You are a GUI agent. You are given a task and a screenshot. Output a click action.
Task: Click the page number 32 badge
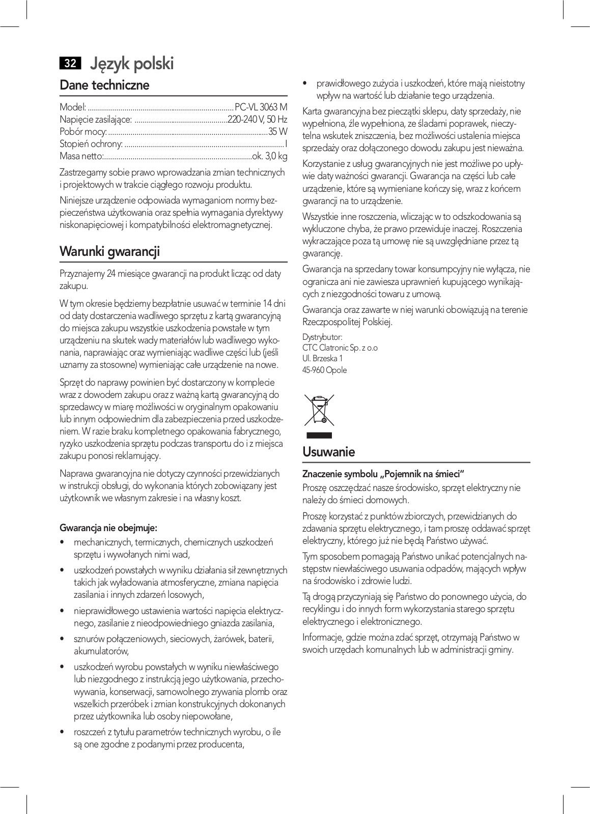tap(70, 63)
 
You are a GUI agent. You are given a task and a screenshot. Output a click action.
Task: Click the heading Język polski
tap(132, 64)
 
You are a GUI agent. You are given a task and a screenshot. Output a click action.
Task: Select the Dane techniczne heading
tap(104, 85)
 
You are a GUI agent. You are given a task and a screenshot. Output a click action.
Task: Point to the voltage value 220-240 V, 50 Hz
tap(258, 120)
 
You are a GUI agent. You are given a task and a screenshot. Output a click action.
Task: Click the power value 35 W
tap(278, 132)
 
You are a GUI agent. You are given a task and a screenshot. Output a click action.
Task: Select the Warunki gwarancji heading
tap(109, 251)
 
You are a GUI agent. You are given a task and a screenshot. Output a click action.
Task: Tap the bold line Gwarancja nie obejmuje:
tap(108, 528)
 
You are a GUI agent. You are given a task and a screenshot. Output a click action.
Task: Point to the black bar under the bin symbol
tap(319, 435)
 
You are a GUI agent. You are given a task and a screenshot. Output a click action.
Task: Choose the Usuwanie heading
tap(328, 452)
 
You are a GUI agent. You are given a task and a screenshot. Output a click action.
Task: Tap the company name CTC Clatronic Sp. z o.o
tap(340, 348)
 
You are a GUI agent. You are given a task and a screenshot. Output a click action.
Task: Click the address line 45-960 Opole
tap(325, 370)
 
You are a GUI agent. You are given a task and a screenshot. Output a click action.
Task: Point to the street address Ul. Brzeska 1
tap(323, 359)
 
